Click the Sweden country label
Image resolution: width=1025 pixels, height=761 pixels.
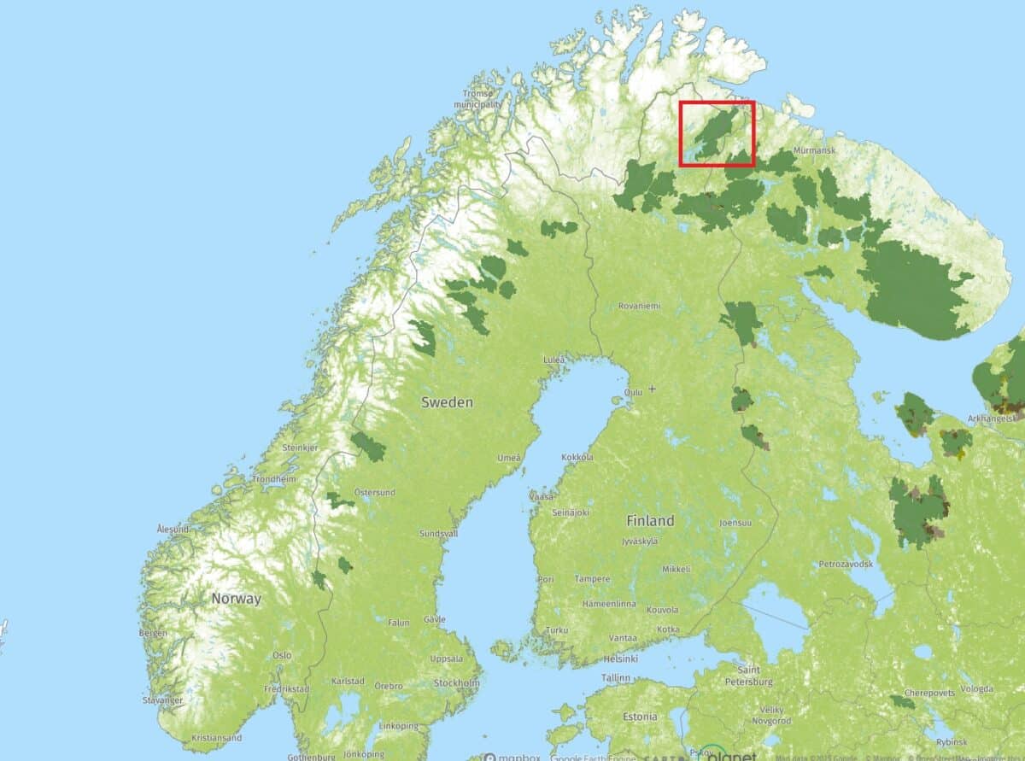tap(447, 402)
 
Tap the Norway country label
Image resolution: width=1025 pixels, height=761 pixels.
tap(236, 599)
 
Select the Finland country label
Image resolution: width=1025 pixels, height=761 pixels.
tap(650, 520)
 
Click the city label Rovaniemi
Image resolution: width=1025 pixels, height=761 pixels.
tap(640, 306)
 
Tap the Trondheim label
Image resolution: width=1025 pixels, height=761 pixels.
tap(274, 479)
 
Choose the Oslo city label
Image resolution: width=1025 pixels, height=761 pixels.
tap(282, 655)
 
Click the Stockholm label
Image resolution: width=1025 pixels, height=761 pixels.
tap(456, 683)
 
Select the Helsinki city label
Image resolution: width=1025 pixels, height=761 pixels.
tap(620, 659)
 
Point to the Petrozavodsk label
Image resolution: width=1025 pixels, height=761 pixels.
tap(846, 565)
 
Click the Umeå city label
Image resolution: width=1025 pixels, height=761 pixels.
tap(509, 459)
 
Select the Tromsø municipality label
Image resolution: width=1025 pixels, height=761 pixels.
tap(477, 99)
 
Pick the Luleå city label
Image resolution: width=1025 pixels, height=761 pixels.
tap(554, 360)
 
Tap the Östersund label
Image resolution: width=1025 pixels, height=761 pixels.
tap(375, 492)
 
